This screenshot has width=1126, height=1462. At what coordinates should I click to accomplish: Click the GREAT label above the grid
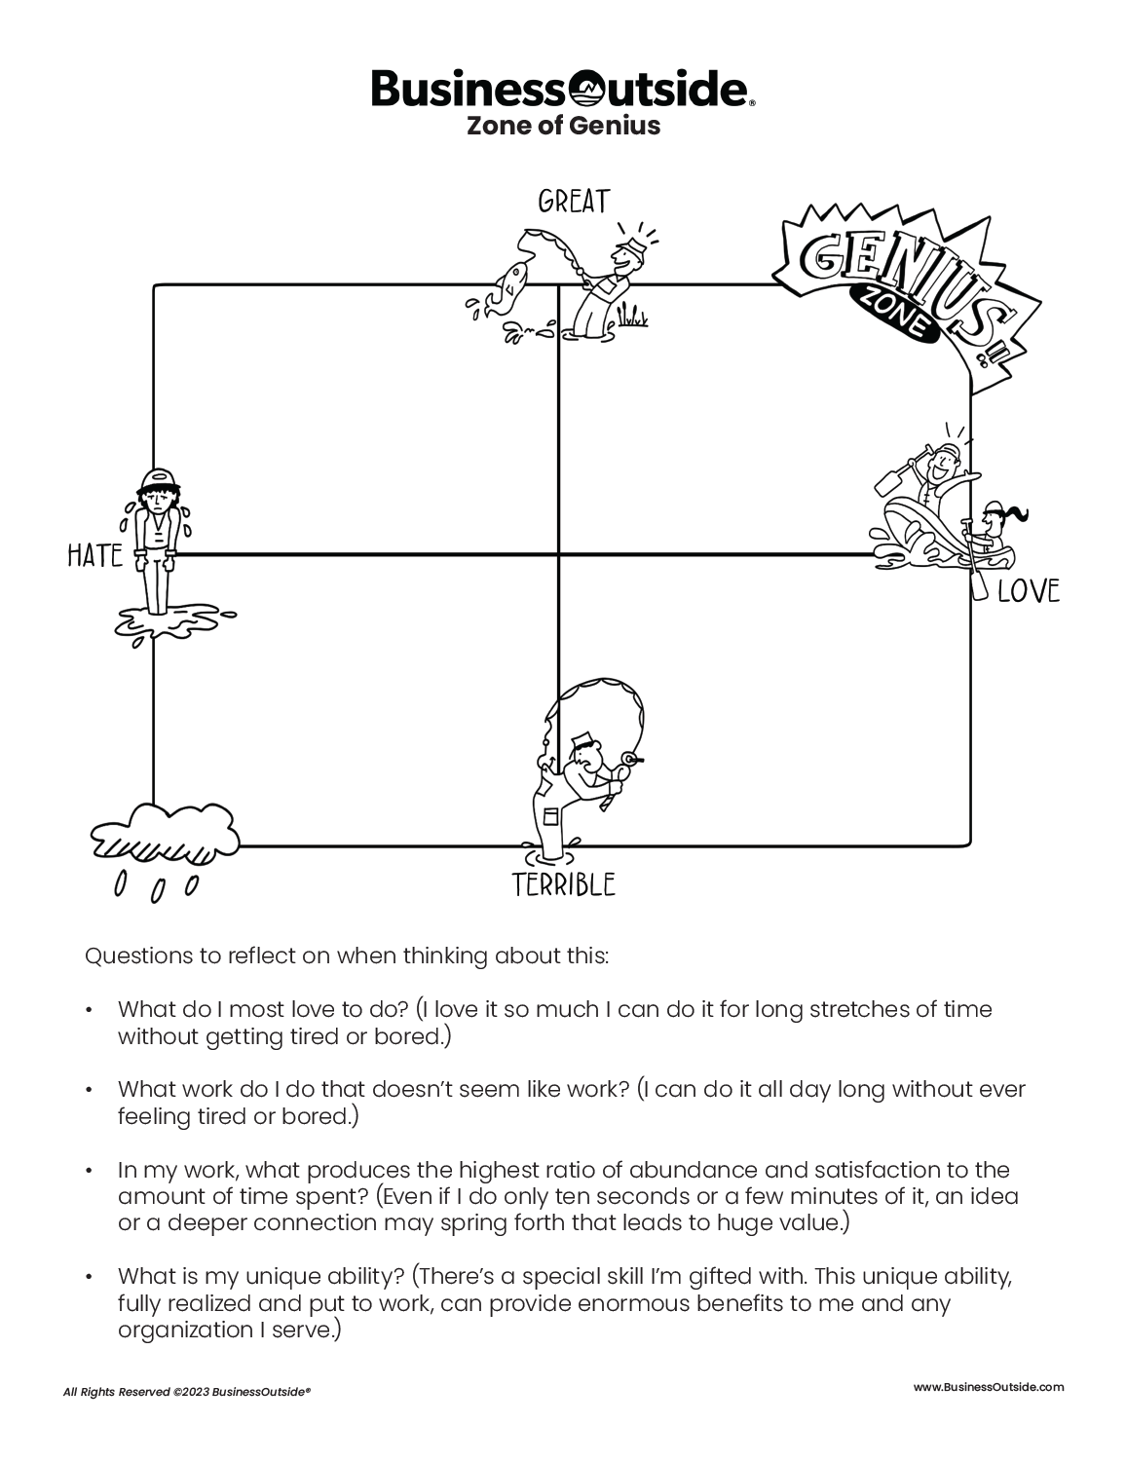pos(574,202)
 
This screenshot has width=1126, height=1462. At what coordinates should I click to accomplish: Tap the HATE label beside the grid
pos(94,556)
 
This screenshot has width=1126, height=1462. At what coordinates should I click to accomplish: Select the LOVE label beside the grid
pos(1028,591)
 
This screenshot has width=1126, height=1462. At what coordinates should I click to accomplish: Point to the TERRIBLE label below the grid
pos(564,884)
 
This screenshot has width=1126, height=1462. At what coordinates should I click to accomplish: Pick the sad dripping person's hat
pos(158,479)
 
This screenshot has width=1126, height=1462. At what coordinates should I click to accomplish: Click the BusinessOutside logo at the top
pos(562,89)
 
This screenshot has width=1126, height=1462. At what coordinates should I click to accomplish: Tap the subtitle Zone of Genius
pos(563,126)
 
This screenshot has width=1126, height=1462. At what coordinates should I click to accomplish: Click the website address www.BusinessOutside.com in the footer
pos(989,1387)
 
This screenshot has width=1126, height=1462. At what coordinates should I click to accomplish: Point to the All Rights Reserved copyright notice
pos(186,1393)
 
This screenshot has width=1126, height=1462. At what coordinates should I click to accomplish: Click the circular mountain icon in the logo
pos(589,90)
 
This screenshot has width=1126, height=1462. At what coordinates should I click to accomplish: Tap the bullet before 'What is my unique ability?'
pos(90,1276)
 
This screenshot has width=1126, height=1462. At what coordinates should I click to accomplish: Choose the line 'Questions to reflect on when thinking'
pos(347,956)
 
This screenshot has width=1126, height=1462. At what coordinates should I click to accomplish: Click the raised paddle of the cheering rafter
pos(890,482)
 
